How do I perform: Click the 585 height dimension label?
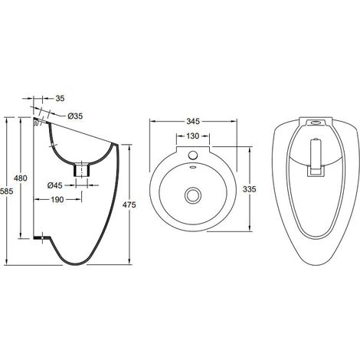pos(6,191)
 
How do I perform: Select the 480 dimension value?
pos(21,178)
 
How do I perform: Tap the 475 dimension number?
pos(129,205)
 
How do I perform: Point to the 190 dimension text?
pos(57,199)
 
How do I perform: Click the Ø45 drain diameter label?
pos(55,185)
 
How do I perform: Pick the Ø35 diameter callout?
pos(75,116)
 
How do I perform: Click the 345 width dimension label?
pos(193,121)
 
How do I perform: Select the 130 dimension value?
pos(192,136)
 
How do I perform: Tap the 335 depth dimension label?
pos(249,189)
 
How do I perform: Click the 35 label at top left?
pos(60,98)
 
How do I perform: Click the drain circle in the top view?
pos(193,195)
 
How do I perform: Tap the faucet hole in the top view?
pos(193,155)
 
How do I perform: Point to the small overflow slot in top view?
pos(193,167)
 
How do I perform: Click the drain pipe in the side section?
pos(82,170)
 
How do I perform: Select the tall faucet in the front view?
pos(316,157)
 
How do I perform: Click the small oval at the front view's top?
pos(316,123)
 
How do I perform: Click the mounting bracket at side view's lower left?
pos(42,238)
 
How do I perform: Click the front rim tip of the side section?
pos(116,145)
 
